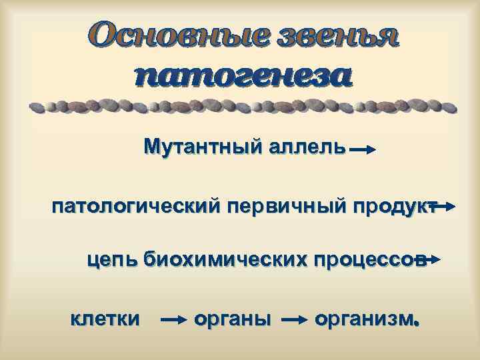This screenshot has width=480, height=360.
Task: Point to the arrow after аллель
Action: (363, 151)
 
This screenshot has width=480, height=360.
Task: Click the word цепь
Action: (110, 258)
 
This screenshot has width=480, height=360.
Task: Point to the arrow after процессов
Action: (430, 259)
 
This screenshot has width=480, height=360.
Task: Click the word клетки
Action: (105, 318)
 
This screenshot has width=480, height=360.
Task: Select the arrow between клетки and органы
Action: (175, 321)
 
